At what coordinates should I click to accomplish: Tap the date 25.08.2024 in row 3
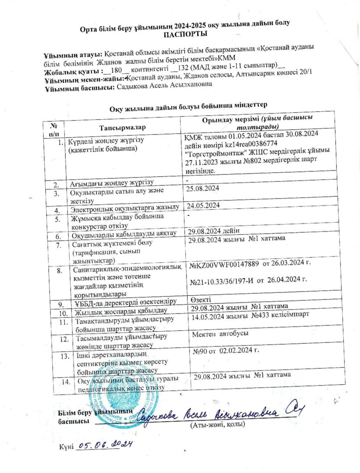(x=202, y=188)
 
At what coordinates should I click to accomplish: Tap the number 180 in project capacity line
(x=116, y=72)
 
